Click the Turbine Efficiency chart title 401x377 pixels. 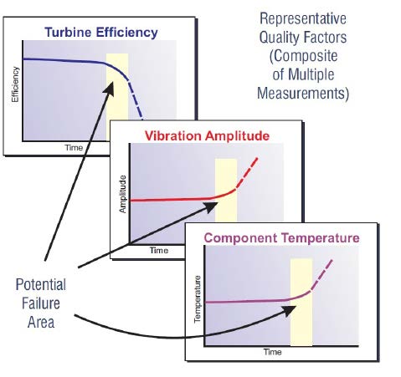(101, 33)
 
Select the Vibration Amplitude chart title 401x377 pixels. (207, 136)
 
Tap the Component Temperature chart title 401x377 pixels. (281, 238)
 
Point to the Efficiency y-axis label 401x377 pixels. (15, 84)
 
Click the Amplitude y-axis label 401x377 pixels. (122, 194)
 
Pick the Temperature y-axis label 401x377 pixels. (198, 299)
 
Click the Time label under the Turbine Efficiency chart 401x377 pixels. (74, 148)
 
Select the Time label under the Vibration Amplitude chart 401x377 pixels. (159, 250)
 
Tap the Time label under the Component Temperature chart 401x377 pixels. (273, 352)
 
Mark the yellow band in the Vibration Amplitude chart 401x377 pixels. (226, 191)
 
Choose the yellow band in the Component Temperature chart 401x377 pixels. (301, 303)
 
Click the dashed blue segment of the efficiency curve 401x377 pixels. (136, 99)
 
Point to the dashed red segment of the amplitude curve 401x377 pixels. (247, 173)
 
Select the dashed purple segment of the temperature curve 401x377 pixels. (321, 275)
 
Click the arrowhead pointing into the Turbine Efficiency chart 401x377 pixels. (110, 89)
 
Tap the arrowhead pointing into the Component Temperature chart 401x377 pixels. (289, 310)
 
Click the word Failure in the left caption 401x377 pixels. (41, 303)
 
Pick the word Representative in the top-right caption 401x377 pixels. (303, 18)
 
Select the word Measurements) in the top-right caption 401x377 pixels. (303, 93)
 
